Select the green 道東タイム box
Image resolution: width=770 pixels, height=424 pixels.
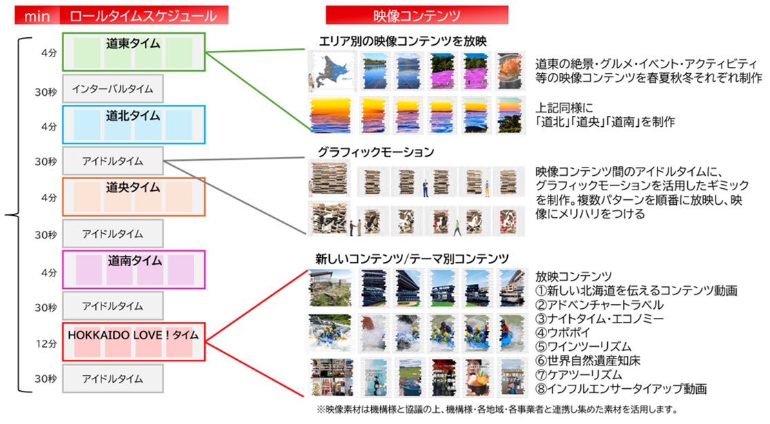133,52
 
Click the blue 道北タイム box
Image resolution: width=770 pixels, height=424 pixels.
133,123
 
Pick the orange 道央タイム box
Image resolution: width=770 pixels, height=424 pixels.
133,196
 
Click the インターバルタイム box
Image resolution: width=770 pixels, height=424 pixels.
112,88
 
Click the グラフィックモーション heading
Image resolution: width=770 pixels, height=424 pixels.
375,151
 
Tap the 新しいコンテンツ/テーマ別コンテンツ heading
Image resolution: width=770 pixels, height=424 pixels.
412,259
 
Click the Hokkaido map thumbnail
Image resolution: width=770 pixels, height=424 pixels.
328,72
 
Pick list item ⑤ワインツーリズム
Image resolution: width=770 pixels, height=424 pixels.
583,346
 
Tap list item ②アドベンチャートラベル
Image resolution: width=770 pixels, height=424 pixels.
600,304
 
